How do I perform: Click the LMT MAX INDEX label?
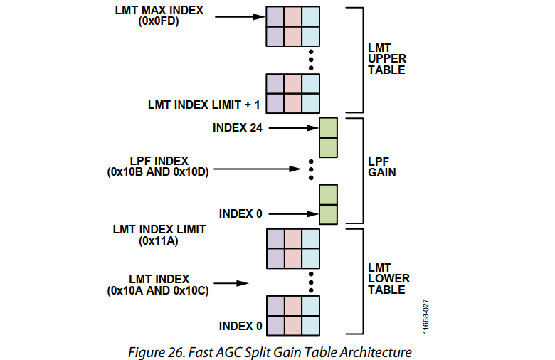click(x=159, y=10)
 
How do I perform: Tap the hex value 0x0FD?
click(x=159, y=21)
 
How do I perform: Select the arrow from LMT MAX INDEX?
click(x=240, y=16)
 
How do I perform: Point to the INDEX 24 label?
click(x=238, y=127)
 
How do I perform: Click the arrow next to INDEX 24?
click(x=294, y=128)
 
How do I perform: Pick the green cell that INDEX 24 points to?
click(x=328, y=128)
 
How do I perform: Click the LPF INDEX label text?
click(x=159, y=161)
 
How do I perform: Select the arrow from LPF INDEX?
click(x=258, y=169)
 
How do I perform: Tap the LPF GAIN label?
click(x=382, y=166)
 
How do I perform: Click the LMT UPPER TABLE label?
click(x=387, y=59)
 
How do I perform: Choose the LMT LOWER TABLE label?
click(x=388, y=279)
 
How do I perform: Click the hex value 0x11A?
click(x=159, y=241)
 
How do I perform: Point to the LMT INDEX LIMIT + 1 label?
click(x=204, y=105)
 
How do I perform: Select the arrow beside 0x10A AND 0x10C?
click(x=231, y=283)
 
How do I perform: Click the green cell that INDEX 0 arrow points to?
click(x=328, y=214)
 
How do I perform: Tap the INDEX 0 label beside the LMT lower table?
click(x=240, y=326)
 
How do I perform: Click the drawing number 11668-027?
click(x=425, y=317)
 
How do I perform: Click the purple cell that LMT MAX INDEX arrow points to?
click(x=275, y=16)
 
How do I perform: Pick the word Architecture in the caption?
click(x=376, y=353)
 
